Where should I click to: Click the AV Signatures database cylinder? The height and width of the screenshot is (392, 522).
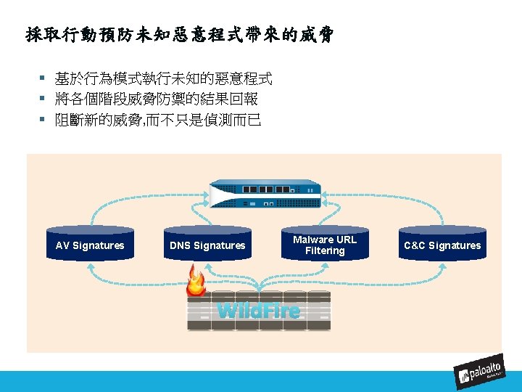pyautogui.click(x=90, y=245)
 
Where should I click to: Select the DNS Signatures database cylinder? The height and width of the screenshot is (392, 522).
pyautogui.click(x=207, y=245)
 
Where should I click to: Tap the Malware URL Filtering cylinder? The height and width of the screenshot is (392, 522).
pyautogui.click(x=325, y=245)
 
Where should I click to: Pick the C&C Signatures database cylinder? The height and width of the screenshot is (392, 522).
pyautogui.click(x=442, y=245)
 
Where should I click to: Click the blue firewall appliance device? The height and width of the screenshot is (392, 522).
pyautogui.click(x=265, y=195)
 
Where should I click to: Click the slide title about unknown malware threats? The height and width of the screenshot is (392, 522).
pyautogui.click(x=179, y=34)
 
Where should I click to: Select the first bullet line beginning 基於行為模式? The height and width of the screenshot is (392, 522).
pyautogui.click(x=163, y=78)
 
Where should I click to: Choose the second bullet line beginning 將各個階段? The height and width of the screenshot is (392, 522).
pyautogui.click(x=156, y=99)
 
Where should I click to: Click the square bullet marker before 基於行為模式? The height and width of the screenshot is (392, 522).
pyautogui.click(x=43, y=78)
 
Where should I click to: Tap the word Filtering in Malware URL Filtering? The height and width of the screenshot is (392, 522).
pyautogui.click(x=325, y=251)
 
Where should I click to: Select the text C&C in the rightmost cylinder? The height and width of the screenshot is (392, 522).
pyautogui.click(x=415, y=245)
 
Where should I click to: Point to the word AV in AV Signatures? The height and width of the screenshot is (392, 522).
pyautogui.click(x=63, y=245)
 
